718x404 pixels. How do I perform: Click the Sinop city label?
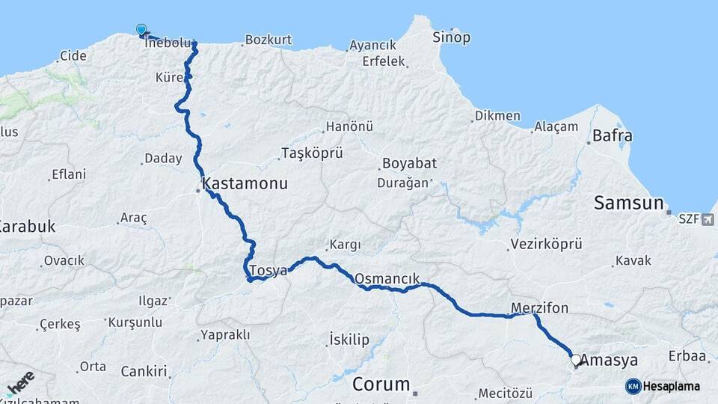tap(451, 37)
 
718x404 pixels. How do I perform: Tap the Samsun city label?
tap(629, 202)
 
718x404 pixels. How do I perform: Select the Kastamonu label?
tap(244, 183)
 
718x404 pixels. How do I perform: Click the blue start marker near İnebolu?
tap(141, 30)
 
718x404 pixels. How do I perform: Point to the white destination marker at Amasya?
tap(576, 360)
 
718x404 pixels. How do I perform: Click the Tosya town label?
tap(268, 271)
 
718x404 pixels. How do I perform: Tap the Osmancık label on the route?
tap(387, 278)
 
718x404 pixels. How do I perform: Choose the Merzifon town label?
tap(539, 307)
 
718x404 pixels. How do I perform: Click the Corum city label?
tap(381, 385)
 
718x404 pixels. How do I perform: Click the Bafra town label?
tap(612, 136)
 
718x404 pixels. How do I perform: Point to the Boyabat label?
tap(408, 163)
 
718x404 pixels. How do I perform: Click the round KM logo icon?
tap(633, 386)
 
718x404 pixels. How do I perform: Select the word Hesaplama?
tap(673, 387)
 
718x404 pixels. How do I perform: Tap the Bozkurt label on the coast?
tap(268, 40)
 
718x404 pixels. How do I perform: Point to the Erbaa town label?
tap(688, 355)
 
